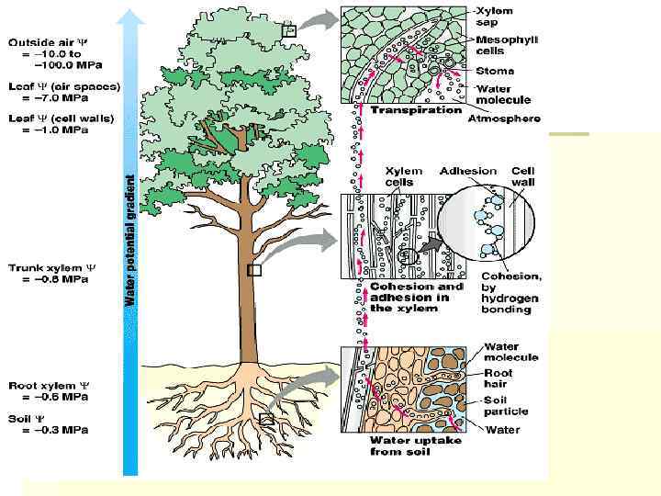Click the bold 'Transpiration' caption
coord(416,109)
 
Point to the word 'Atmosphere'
coord(503,118)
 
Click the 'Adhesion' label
coord(468,171)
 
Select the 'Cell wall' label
coord(523,176)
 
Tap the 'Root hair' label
coord(501,379)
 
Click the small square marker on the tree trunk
coord(254,271)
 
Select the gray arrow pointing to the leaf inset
coord(319,18)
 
